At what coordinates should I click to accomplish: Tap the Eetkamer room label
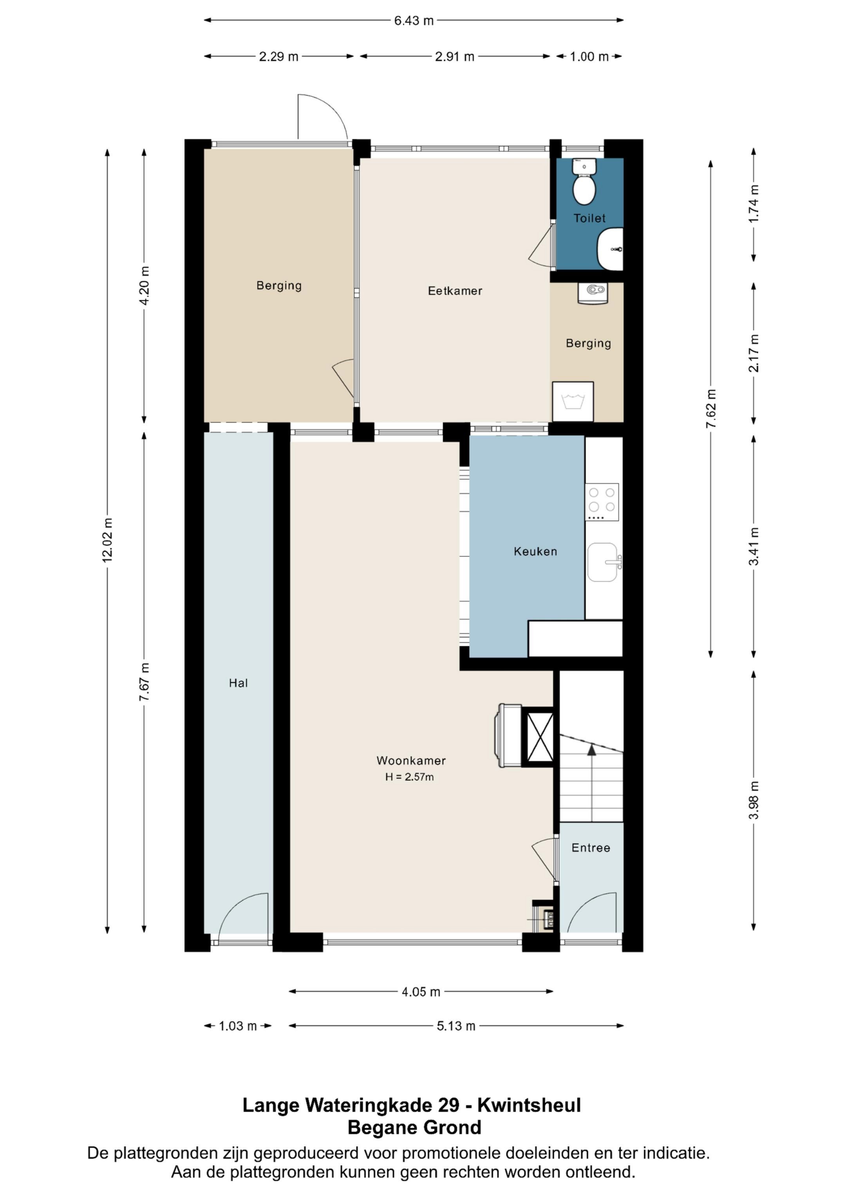tap(455, 291)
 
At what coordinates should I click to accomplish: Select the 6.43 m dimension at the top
tap(414, 21)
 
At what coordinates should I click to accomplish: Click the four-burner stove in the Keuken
tap(602, 502)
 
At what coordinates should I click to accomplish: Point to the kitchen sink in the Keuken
tap(604, 562)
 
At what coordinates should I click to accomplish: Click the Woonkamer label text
tap(411, 761)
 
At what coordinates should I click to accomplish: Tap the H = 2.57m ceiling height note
tap(410, 777)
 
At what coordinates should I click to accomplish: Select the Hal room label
tap(238, 683)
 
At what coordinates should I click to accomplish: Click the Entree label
tap(591, 848)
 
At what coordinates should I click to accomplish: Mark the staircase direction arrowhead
tap(592, 750)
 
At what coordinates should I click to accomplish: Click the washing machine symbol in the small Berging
tap(573, 402)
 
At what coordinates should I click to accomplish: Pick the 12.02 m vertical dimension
tap(107, 540)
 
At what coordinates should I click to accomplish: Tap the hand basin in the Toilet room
tap(610, 249)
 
